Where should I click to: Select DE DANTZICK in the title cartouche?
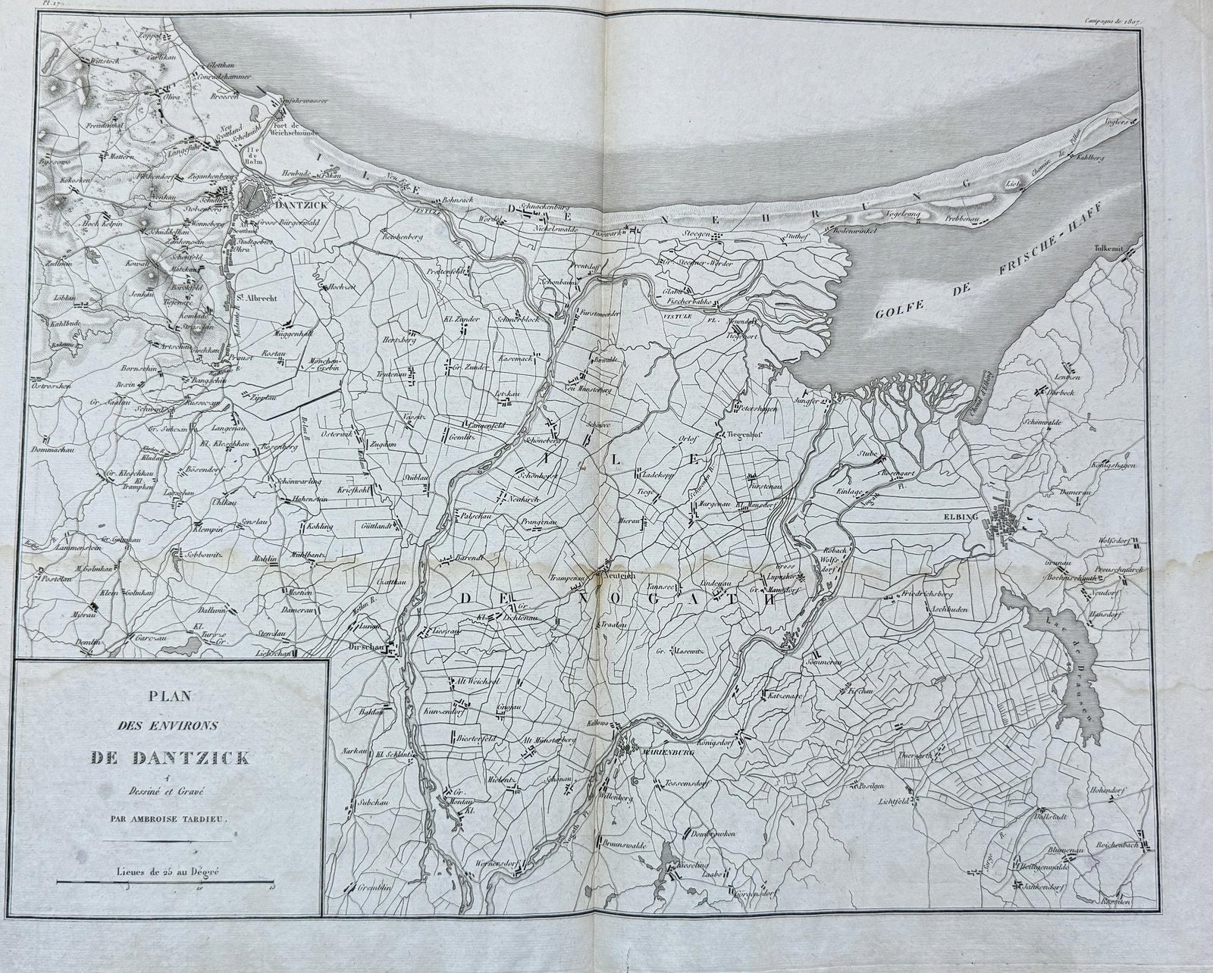171,756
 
